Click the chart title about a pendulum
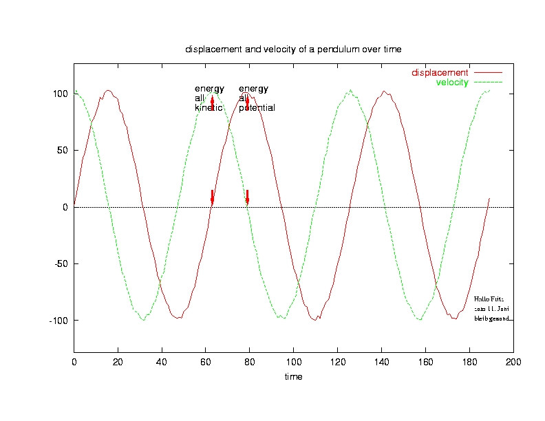coord(293,50)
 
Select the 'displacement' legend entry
coord(440,72)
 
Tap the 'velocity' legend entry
coord(452,83)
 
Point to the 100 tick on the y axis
coord(61,94)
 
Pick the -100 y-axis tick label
coord(57,321)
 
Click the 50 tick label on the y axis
coord(63,150)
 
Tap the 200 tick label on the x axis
coord(513,363)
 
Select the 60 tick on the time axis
coord(206,363)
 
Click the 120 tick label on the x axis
coord(337,363)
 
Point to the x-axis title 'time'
coord(294,377)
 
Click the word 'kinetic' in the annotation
coord(208,108)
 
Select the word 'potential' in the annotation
coord(257,108)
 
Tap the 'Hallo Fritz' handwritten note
coord(489,299)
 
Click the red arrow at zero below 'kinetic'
coord(212,197)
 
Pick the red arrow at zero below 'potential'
coord(247,197)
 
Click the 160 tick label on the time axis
coord(425,363)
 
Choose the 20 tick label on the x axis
coord(118,363)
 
